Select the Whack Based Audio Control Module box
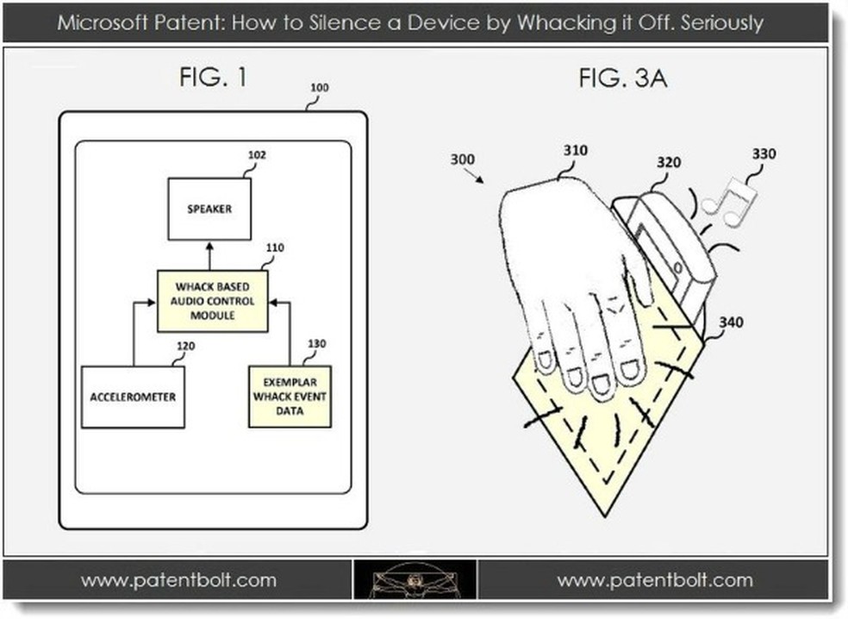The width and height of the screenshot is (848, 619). (212, 301)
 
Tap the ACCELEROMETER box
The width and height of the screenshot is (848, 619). (132, 397)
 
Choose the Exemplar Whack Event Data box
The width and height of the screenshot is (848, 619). (290, 397)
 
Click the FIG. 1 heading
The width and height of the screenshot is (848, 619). (212, 78)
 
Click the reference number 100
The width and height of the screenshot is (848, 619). (319, 88)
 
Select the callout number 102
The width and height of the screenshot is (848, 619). (257, 156)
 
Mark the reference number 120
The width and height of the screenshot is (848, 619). (184, 347)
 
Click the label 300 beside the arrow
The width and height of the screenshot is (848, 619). (462, 159)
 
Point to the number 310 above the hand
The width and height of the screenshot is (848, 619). (575, 150)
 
